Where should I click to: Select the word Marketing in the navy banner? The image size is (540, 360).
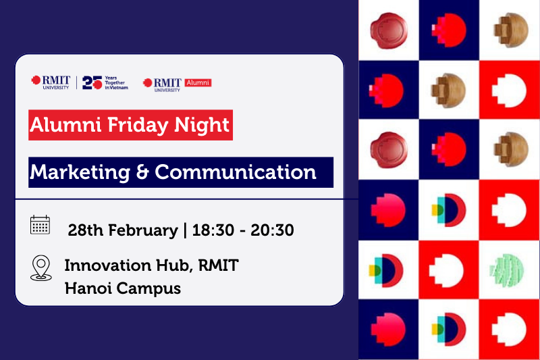tap(80, 172)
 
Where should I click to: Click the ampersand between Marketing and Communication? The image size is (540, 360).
tap(142, 172)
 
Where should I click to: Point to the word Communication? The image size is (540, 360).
tap(235, 172)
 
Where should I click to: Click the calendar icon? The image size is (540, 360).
tap(40, 225)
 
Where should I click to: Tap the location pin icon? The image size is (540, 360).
tap(41, 267)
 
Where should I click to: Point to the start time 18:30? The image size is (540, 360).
tap(213, 230)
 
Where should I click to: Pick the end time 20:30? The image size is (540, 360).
tap(272, 230)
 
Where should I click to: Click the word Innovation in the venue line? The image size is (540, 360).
tap(108, 265)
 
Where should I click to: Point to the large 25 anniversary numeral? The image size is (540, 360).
tap(92, 82)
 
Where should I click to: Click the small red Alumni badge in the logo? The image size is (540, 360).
tap(198, 82)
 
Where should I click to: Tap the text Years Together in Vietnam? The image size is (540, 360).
tap(116, 82)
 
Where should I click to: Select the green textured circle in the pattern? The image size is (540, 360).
tap(507, 269)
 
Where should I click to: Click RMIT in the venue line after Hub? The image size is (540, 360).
tap(218, 265)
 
